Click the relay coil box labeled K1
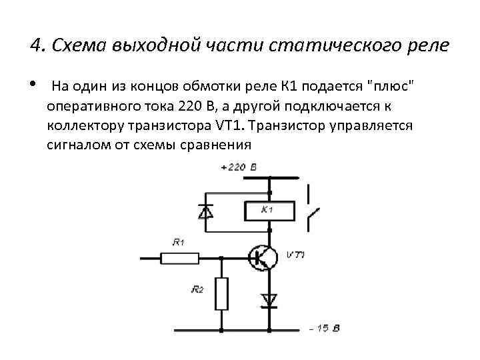coord(270,211)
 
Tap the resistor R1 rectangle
coord(180,256)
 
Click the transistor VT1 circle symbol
coord(263,257)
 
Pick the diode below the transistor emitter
coord(270,300)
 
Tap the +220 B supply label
coord(238,167)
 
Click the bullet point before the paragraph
coord(33,85)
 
